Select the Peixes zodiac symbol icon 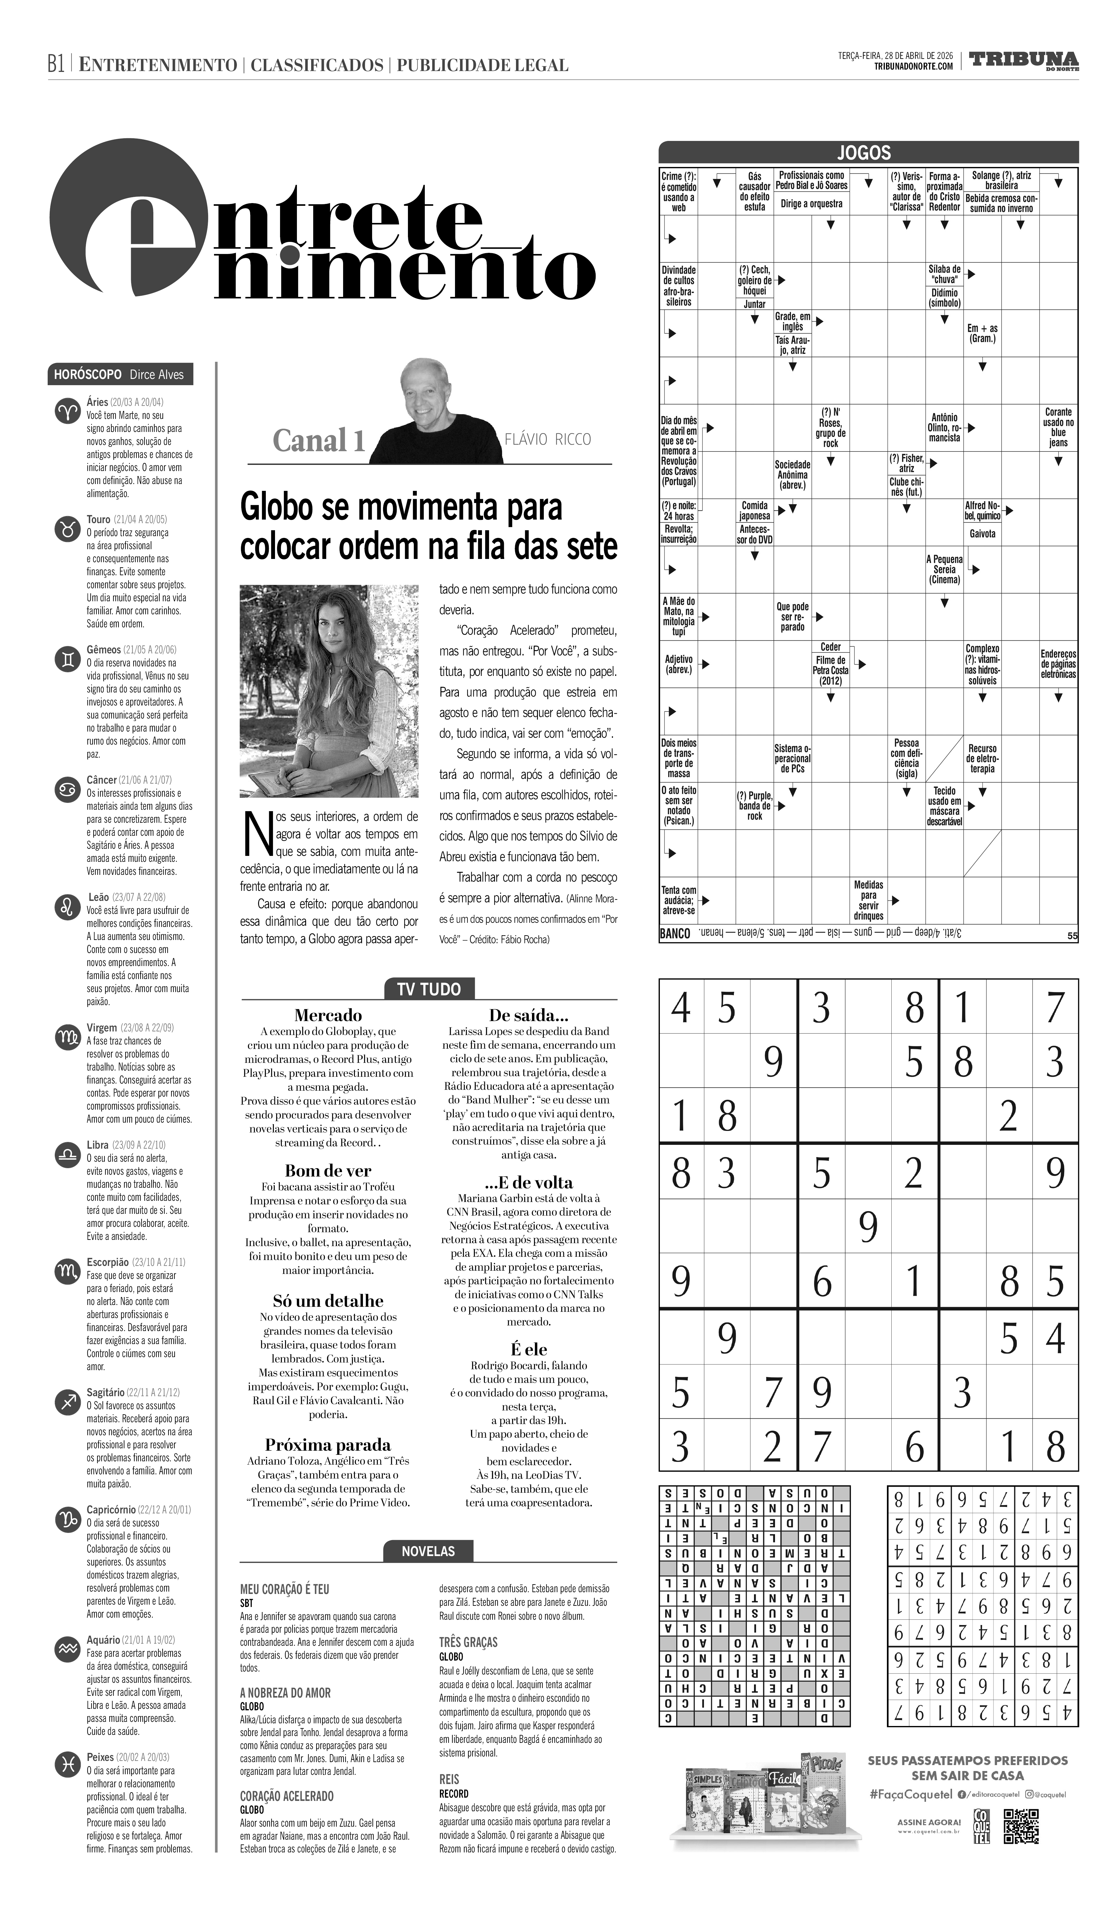coord(67,1767)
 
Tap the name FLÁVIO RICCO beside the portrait coord(547,439)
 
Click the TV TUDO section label coord(429,989)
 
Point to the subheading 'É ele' coord(528,1349)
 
